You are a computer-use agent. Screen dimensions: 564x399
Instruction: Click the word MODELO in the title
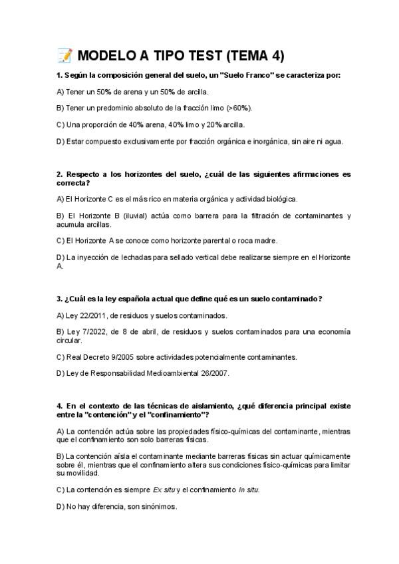pos(108,55)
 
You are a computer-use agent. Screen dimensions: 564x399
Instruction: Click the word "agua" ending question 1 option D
pos(333,141)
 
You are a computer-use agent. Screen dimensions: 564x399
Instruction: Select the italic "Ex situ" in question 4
pos(164,490)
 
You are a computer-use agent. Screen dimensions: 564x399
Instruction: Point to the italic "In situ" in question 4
pos(249,490)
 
